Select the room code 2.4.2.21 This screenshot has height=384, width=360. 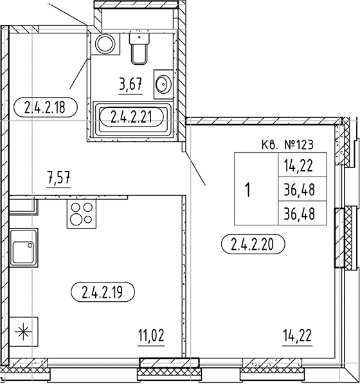click(x=132, y=116)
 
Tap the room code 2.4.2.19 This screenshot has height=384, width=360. click(x=103, y=293)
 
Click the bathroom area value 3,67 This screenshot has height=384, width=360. click(x=130, y=83)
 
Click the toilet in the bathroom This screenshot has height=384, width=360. click(x=139, y=48)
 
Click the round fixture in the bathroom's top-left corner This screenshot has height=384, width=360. click(x=104, y=44)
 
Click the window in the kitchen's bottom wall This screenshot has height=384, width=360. click(x=160, y=372)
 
